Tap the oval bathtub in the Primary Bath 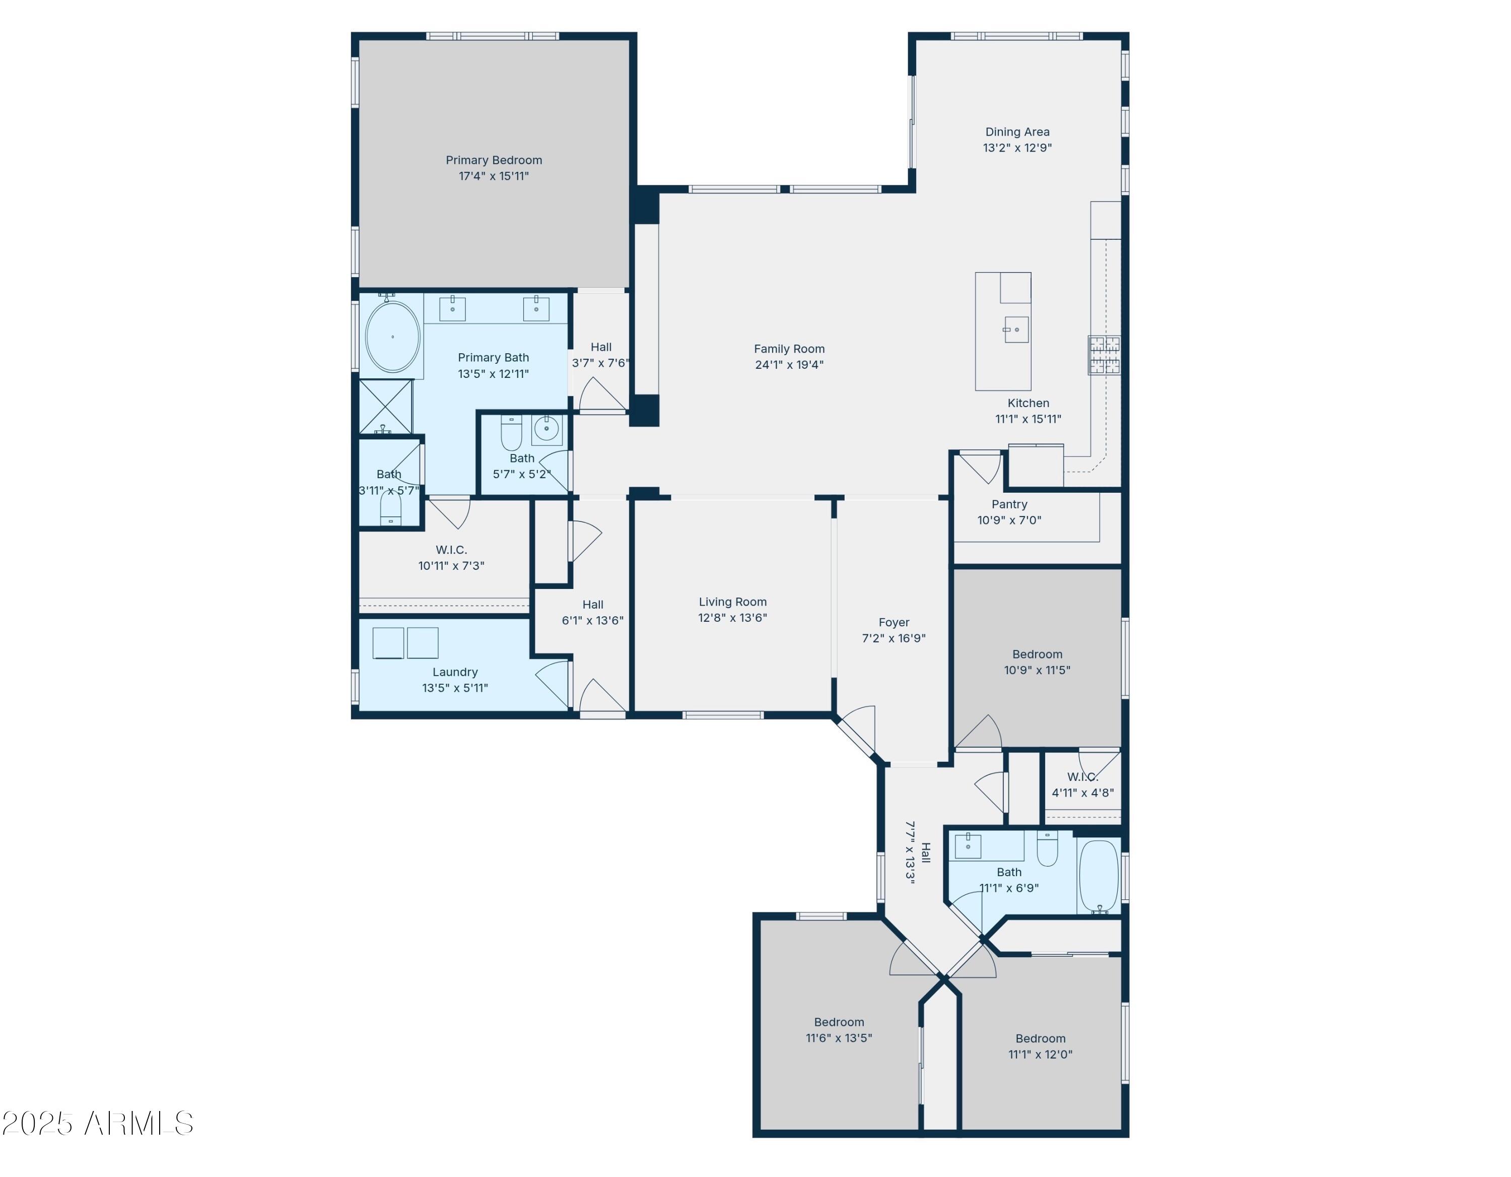coord(392,337)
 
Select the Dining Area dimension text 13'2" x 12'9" coord(1017,148)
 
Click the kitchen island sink coord(1015,330)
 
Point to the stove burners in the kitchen coord(1104,355)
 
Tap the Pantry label coord(1009,504)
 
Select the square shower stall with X coord(385,407)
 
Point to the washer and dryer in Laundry coord(405,643)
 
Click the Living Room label coord(732,602)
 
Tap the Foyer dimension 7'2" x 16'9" coord(893,638)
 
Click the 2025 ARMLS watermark coord(98,1123)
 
